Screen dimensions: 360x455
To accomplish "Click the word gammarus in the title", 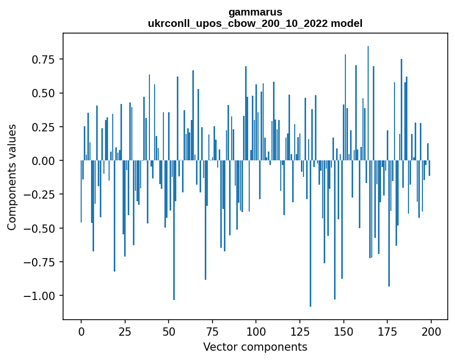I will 255,12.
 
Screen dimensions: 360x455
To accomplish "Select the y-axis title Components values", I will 11,177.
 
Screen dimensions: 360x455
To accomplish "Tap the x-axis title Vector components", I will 255,347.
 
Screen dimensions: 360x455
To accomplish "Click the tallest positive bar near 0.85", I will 368,103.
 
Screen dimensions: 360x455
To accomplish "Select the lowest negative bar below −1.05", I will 310,233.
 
